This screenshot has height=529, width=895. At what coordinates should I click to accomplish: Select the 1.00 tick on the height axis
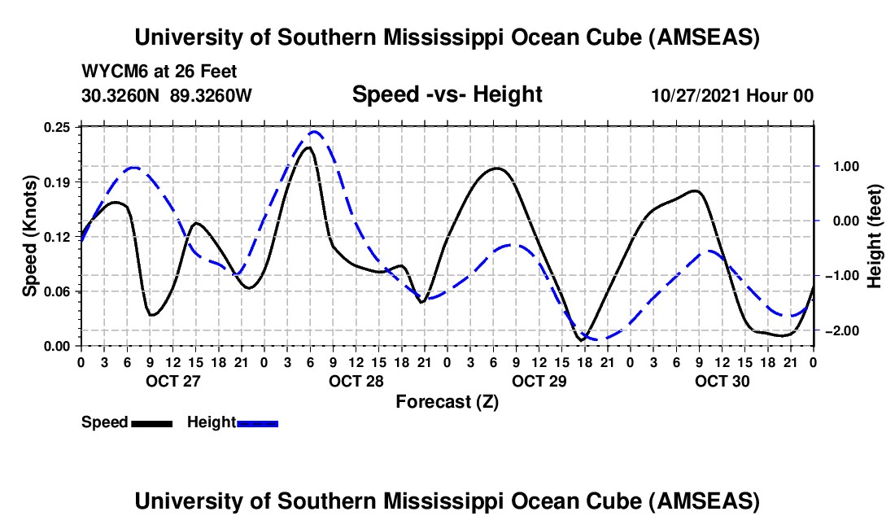838,166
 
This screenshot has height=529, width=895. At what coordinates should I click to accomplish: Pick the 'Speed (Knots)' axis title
30,236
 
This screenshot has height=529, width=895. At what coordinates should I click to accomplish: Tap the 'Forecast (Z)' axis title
447,401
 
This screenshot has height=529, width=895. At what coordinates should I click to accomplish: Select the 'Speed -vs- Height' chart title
447,94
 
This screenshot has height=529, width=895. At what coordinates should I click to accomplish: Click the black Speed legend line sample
151,423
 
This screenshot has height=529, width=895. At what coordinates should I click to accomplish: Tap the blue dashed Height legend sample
257,423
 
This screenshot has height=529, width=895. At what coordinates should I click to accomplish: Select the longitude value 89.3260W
212,95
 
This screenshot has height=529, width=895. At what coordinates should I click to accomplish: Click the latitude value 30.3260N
121,95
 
